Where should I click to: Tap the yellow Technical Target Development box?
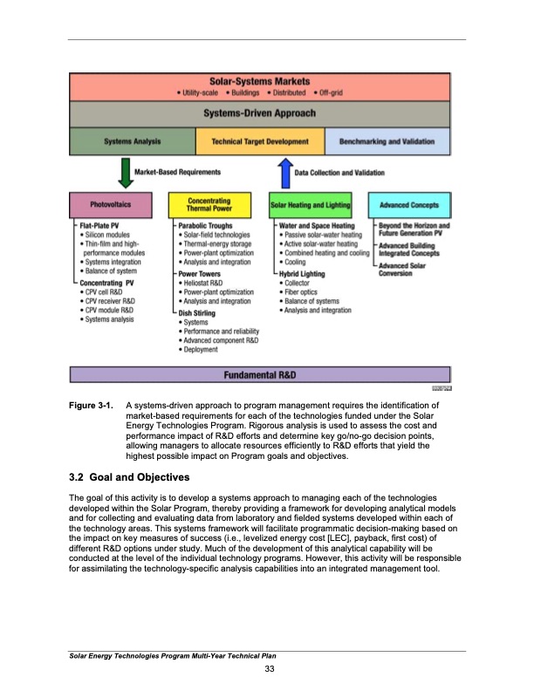click(259, 141)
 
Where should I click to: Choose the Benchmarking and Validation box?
click(387, 141)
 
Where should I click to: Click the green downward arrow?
click(127, 173)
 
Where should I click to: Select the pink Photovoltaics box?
click(117, 206)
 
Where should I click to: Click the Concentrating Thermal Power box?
click(209, 205)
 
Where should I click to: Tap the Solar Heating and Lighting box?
click(311, 206)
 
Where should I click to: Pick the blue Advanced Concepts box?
click(409, 206)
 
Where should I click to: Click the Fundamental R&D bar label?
click(260, 375)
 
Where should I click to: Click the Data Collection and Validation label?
click(339, 173)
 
